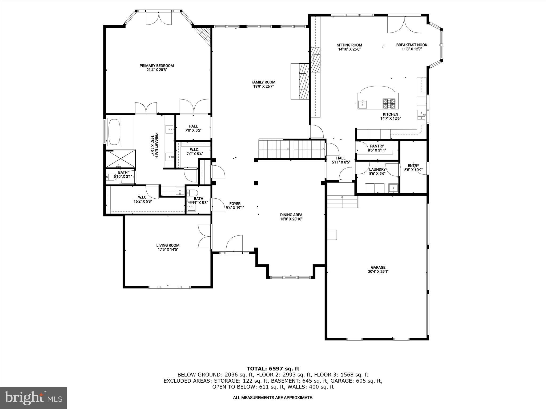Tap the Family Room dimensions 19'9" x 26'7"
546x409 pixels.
(263, 86)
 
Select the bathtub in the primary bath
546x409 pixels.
(114, 132)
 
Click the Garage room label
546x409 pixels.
(378, 267)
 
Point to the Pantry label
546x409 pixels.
(377, 146)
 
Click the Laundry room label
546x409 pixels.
(377, 169)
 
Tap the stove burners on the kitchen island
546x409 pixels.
(389, 104)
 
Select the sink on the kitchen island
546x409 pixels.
(363, 104)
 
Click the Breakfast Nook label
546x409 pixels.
(412, 45)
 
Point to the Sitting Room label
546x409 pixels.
(349, 45)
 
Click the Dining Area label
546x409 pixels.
(291, 215)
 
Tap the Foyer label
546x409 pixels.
(235, 204)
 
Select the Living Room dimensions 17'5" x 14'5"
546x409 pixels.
(168, 250)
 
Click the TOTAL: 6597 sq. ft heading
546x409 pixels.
(273, 369)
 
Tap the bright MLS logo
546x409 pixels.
(33, 398)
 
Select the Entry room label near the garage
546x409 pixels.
(413, 166)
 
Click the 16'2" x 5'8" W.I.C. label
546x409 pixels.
(143, 199)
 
